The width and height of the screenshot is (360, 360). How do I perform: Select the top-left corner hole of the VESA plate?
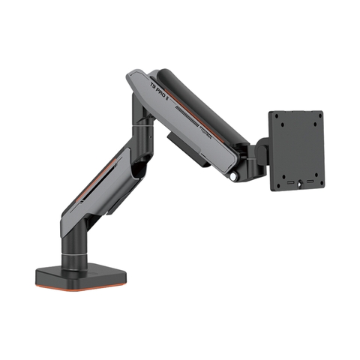click(x=275, y=118)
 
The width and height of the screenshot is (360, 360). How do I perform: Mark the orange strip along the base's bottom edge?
click(x=79, y=288)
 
